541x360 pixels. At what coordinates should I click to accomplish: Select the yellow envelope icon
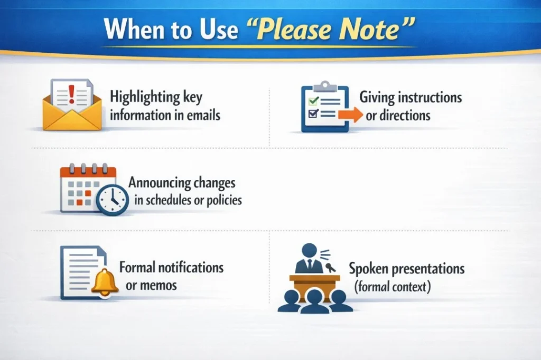pyautogui.click(x=71, y=112)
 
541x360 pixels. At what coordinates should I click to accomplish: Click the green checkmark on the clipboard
pyautogui.click(x=313, y=100)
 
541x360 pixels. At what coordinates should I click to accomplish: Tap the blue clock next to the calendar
pyautogui.click(x=112, y=200)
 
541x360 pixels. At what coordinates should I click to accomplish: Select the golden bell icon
pyautogui.click(x=103, y=282)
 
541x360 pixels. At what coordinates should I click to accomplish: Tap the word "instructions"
pyautogui.click(x=430, y=98)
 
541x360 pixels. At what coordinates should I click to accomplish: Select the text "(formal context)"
pyautogui.click(x=393, y=288)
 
